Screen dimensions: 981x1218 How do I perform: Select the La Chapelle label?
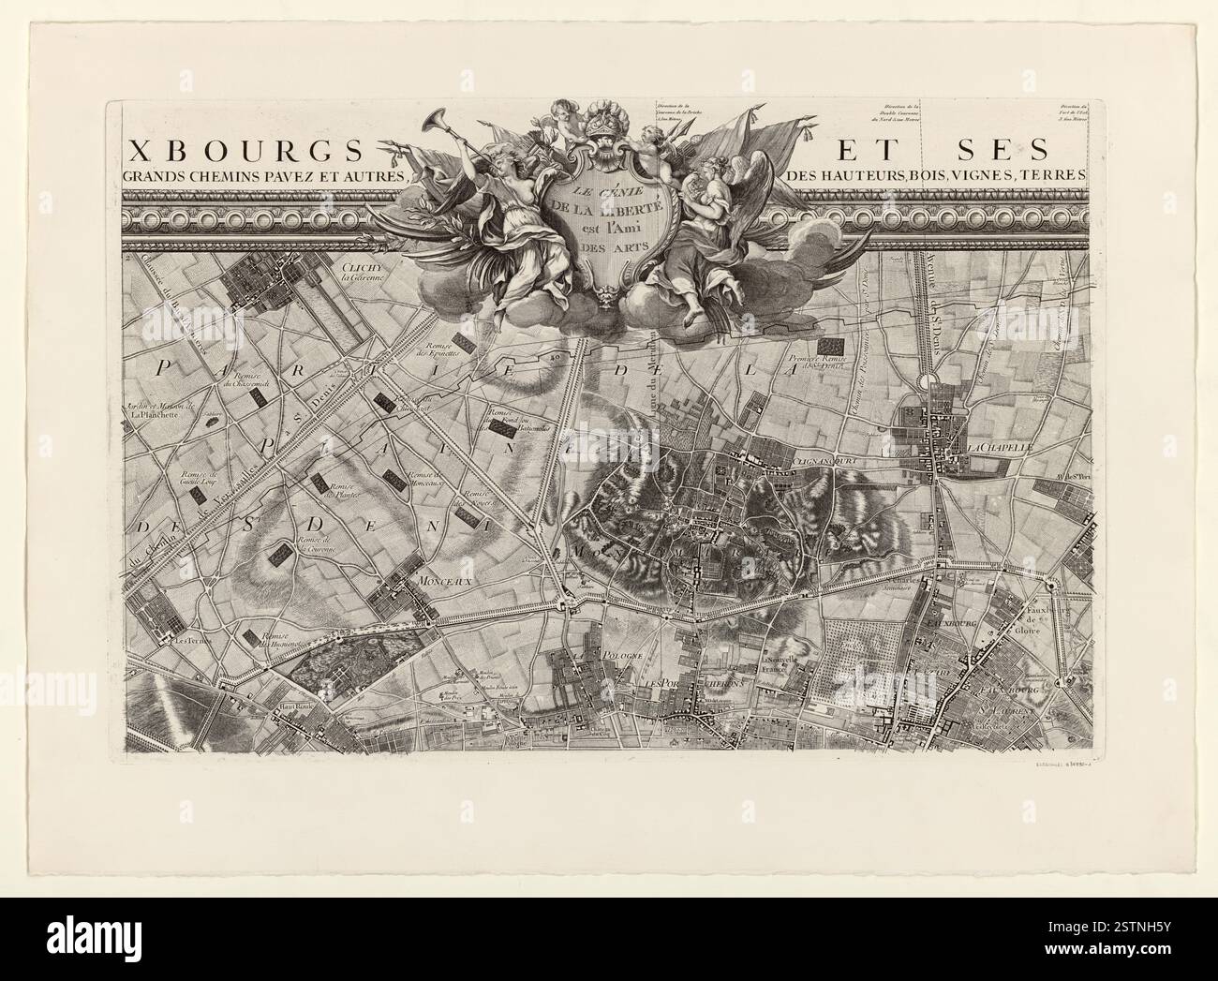click(1001, 449)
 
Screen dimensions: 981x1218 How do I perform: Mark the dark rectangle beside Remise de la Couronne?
click(278, 556)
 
